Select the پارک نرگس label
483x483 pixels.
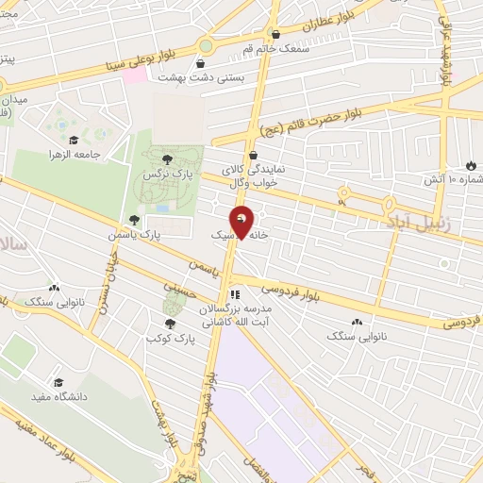pyautogui.click(x=161, y=175)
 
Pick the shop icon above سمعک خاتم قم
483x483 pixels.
pyautogui.click(x=275, y=34)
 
